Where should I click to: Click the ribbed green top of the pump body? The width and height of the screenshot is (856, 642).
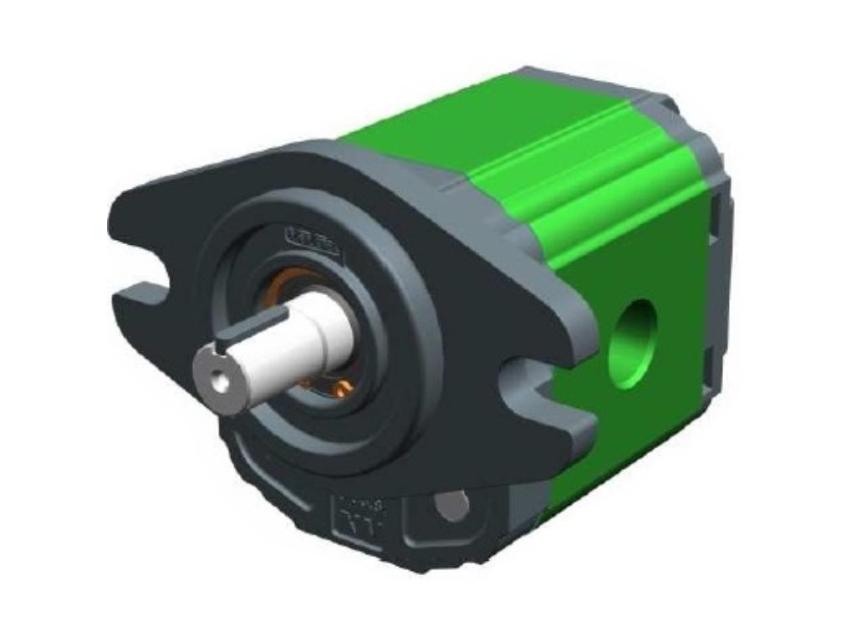pyautogui.click(x=568, y=159)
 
